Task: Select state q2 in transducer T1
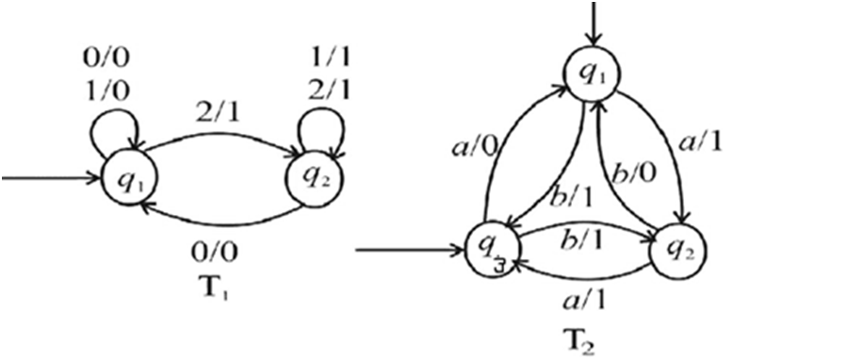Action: tap(316, 178)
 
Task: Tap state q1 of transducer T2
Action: tap(594, 75)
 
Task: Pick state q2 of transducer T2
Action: tap(677, 251)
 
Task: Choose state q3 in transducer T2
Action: tap(493, 251)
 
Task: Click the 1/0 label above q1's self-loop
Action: tap(106, 91)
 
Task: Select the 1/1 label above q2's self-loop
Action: tap(328, 57)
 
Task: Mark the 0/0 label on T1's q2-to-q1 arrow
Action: tap(215, 253)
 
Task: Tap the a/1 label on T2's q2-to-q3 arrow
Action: tap(583, 299)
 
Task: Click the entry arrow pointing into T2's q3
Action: tap(411, 251)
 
